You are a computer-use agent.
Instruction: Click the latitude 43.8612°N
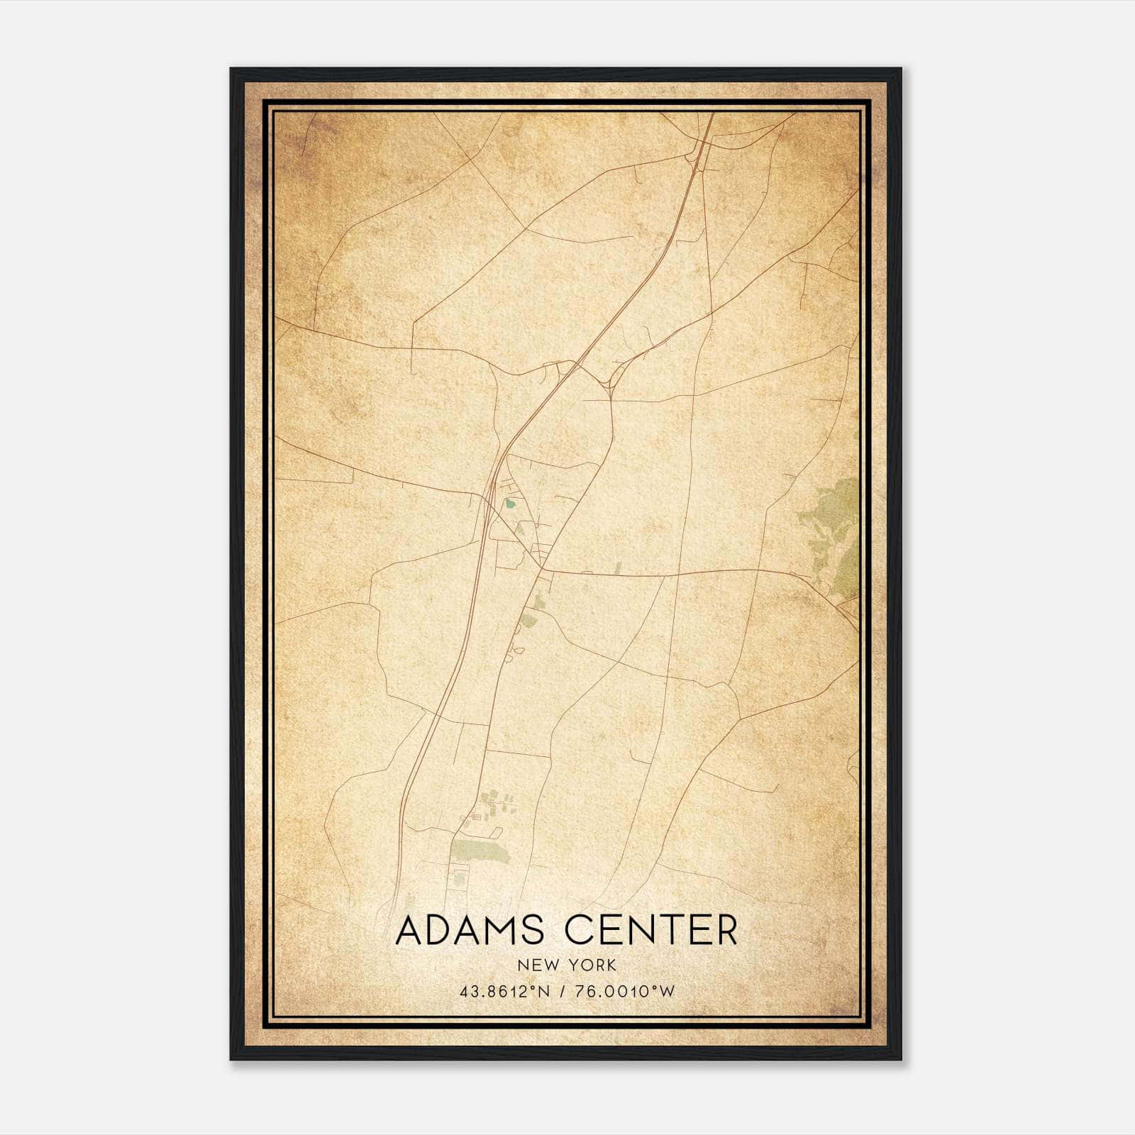tap(505, 992)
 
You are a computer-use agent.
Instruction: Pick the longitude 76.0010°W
tap(624, 992)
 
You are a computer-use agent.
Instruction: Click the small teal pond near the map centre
tap(509, 505)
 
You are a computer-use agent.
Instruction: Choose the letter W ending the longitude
tap(666, 992)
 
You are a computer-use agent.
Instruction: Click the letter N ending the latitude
tap(545, 992)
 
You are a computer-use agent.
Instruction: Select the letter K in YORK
tap(611, 965)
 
